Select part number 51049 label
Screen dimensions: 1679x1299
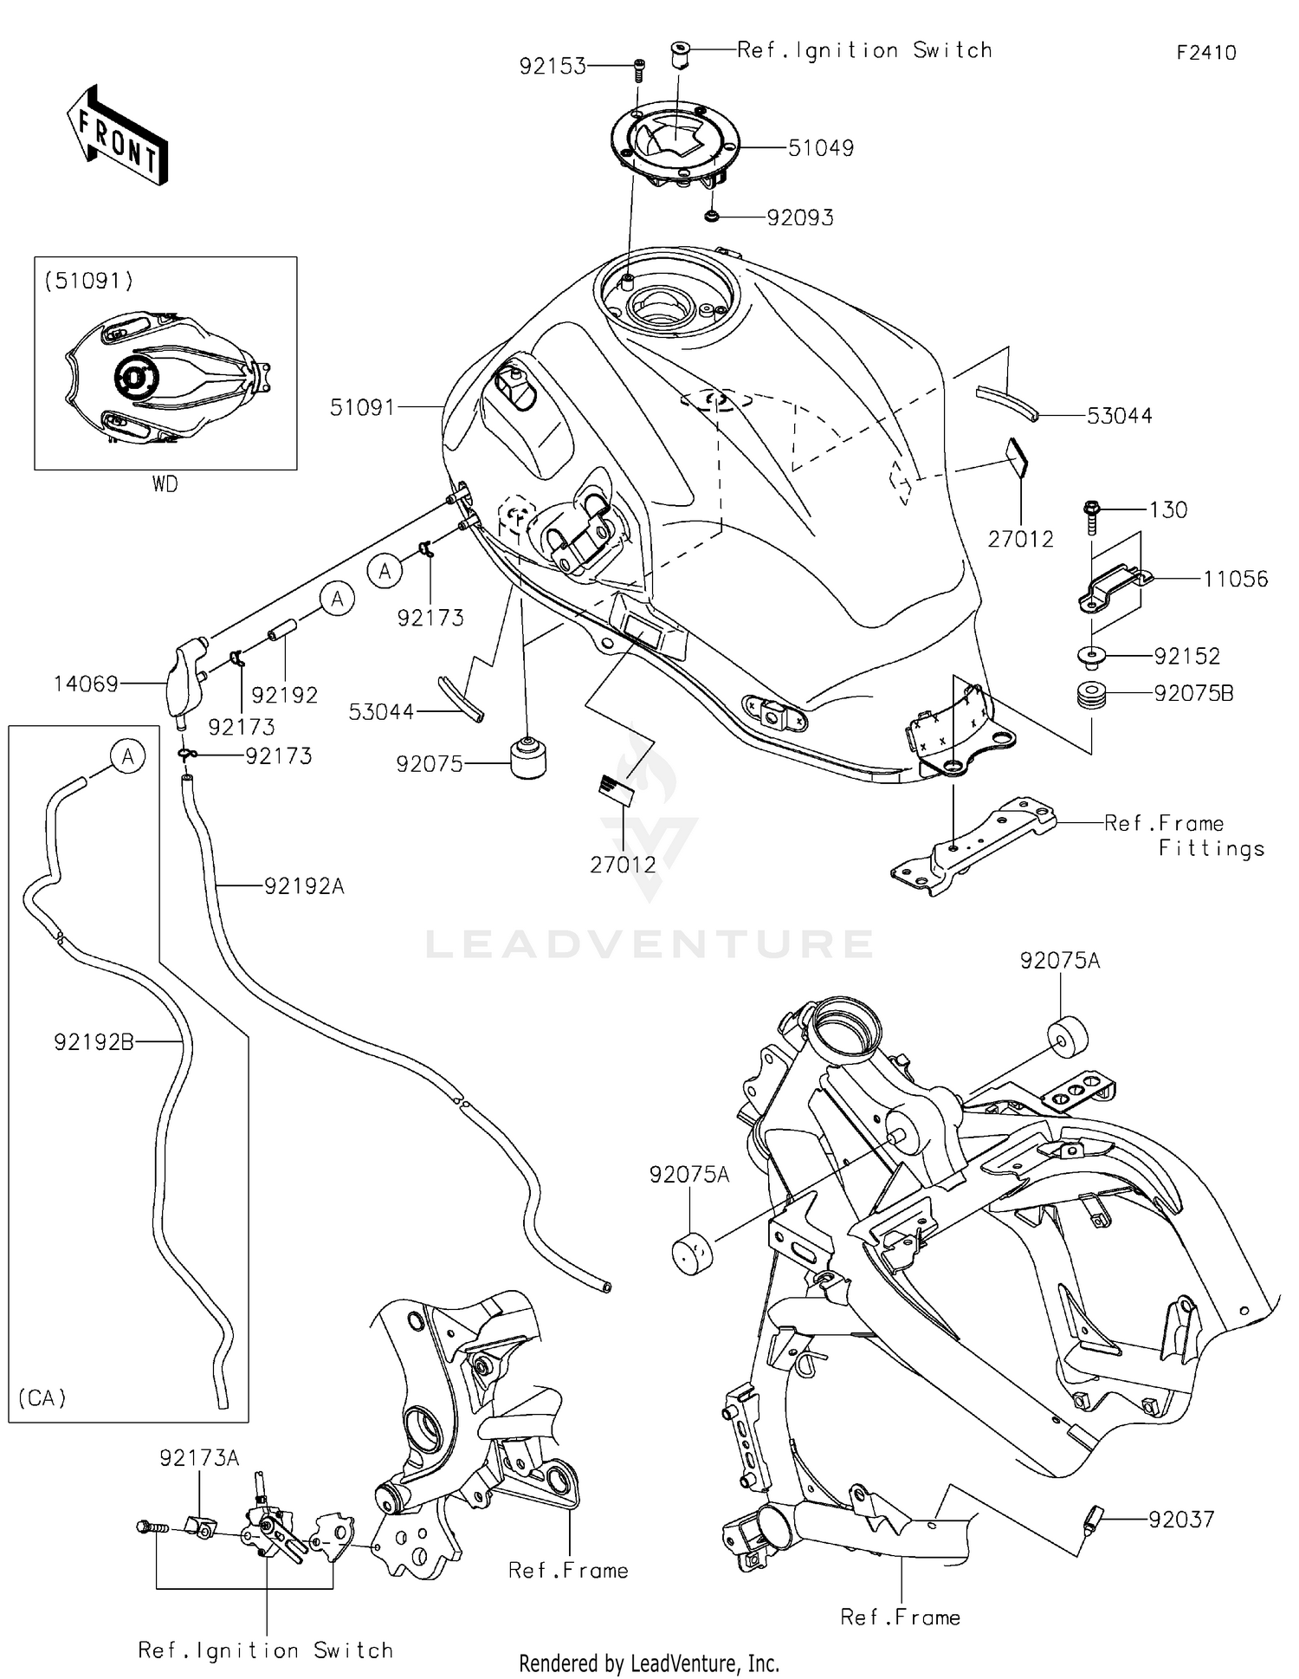click(820, 148)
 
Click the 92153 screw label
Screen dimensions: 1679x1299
click(553, 66)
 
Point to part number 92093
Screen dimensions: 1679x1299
click(800, 217)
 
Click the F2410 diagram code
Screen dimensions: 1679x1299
click(1205, 53)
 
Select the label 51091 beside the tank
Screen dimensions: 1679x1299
click(362, 407)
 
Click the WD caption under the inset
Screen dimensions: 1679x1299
click(165, 484)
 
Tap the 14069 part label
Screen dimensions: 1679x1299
click(86, 684)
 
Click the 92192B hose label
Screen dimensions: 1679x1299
click(94, 1042)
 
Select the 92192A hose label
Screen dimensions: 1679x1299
click(304, 886)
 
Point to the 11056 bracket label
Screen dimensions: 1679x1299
click(1235, 579)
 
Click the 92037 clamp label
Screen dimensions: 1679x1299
click(1181, 1519)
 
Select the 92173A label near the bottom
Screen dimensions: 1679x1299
click(198, 1459)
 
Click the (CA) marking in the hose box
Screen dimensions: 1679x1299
click(42, 1397)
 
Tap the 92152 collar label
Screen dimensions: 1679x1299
click(1186, 656)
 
